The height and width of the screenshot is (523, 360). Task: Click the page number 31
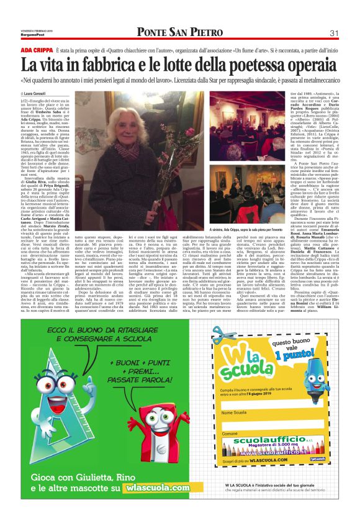coord(333,33)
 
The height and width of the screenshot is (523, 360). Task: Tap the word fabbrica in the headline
coord(104,63)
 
